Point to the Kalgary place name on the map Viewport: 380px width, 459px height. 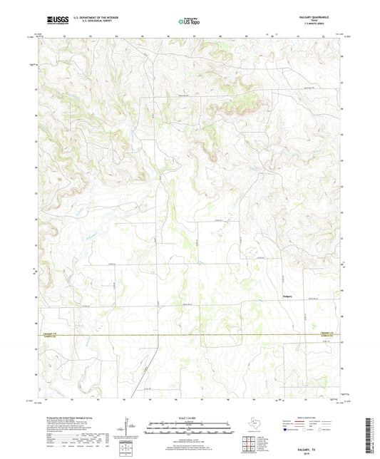287,294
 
